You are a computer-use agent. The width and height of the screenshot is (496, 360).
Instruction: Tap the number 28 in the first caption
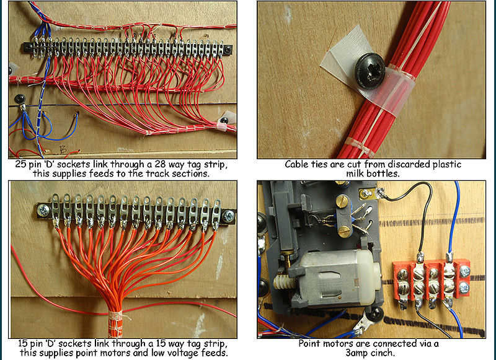pos(152,165)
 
